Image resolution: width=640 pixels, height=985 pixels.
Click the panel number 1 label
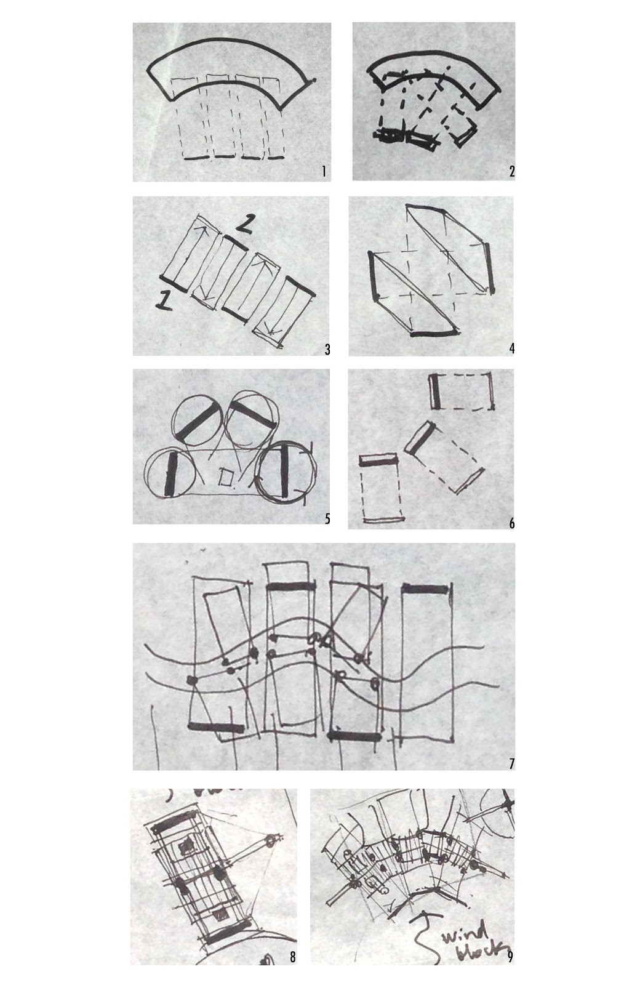tap(324, 171)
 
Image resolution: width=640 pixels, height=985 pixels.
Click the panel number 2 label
tap(511, 171)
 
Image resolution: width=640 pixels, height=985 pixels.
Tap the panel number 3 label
tap(327, 350)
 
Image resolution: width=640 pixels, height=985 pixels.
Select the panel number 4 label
tap(511, 348)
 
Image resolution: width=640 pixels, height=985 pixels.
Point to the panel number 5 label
tap(327, 519)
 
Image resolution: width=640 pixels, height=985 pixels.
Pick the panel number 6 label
tap(511, 523)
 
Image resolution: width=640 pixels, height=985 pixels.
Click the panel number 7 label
tap(511, 764)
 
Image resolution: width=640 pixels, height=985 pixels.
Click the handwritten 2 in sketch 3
tap(244, 225)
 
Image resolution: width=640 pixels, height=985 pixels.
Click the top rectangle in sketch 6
tap(462, 391)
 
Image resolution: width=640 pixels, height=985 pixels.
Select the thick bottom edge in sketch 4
tap(433, 334)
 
